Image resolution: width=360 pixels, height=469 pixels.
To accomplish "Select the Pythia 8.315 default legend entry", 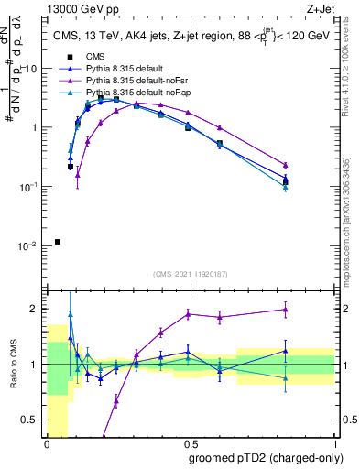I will pyautogui.click(x=126, y=69).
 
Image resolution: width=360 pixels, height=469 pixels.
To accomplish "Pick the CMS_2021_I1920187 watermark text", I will pyautogui.click(x=191, y=273).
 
